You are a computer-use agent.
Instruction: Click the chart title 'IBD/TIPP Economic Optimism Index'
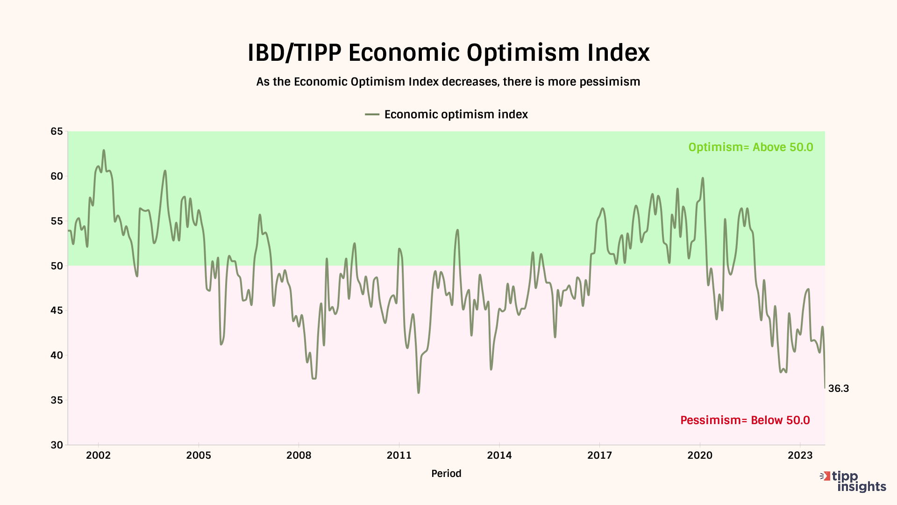[x=448, y=52]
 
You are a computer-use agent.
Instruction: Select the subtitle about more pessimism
[x=448, y=82]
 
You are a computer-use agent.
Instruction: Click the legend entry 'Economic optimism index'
[x=456, y=115]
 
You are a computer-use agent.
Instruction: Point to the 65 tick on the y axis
[x=57, y=131]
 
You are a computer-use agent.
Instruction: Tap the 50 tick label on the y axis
[x=57, y=266]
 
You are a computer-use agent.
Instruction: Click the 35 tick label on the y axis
[x=57, y=400]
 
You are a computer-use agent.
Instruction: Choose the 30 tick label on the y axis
[x=57, y=445]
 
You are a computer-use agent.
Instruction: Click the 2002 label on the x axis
[x=98, y=455]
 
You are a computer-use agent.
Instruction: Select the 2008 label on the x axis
[x=299, y=455]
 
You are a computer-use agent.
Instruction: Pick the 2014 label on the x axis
[x=499, y=455]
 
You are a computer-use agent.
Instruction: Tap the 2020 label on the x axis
[x=699, y=455]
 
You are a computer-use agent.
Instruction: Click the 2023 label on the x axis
[x=800, y=455]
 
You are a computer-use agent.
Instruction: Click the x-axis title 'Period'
[x=446, y=474]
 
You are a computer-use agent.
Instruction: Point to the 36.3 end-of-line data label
[x=838, y=389]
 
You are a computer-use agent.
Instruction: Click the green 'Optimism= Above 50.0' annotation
[x=750, y=147]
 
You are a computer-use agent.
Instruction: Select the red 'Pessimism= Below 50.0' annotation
[x=745, y=420]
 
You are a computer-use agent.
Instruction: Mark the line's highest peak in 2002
[x=104, y=151]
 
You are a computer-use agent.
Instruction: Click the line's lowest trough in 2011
[x=419, y=392]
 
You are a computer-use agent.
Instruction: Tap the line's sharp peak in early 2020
[x=703, y=178]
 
